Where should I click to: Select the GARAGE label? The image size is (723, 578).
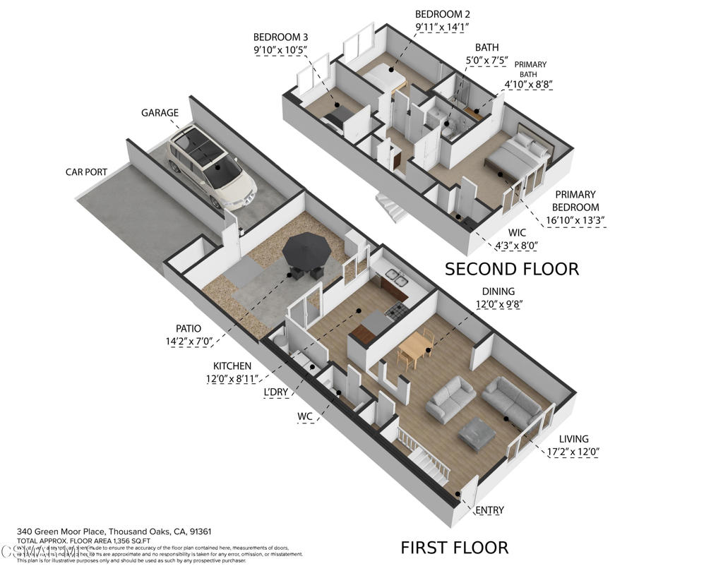(160, 113)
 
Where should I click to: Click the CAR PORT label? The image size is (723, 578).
(86, 171)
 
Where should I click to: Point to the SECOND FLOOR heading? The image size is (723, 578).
(511, 269)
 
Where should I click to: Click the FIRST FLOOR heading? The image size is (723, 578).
(454, 547)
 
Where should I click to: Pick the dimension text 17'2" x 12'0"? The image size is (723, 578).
(573, 452)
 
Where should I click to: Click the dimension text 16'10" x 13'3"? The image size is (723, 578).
(575, 220)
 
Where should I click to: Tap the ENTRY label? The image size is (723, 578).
(489, 510)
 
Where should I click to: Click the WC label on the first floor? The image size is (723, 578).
(304, 416)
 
